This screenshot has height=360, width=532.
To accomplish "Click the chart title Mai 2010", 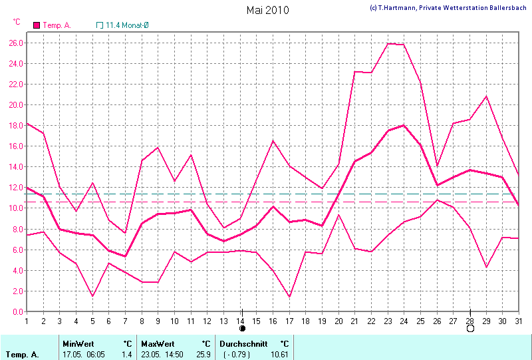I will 267,10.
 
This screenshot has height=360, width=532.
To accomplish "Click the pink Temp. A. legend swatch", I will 37,25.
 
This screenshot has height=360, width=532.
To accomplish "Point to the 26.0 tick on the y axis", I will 17,43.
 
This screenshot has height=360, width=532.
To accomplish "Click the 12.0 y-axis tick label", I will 17,188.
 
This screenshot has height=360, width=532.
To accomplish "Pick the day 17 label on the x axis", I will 289,321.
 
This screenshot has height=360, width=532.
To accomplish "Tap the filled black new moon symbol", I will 242,328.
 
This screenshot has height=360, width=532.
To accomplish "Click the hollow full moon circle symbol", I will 470,328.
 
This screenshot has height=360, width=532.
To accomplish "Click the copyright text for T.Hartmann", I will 450,7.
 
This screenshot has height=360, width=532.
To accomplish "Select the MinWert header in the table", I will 78,344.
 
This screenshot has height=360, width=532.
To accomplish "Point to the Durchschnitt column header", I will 243,344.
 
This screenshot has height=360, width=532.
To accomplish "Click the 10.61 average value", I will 279,355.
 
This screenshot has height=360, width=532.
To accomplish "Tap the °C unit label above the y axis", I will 17,22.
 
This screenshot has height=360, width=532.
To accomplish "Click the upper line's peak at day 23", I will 388,43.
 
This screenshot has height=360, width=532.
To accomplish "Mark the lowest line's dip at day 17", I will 289,297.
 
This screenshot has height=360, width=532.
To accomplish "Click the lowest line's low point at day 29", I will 487,268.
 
